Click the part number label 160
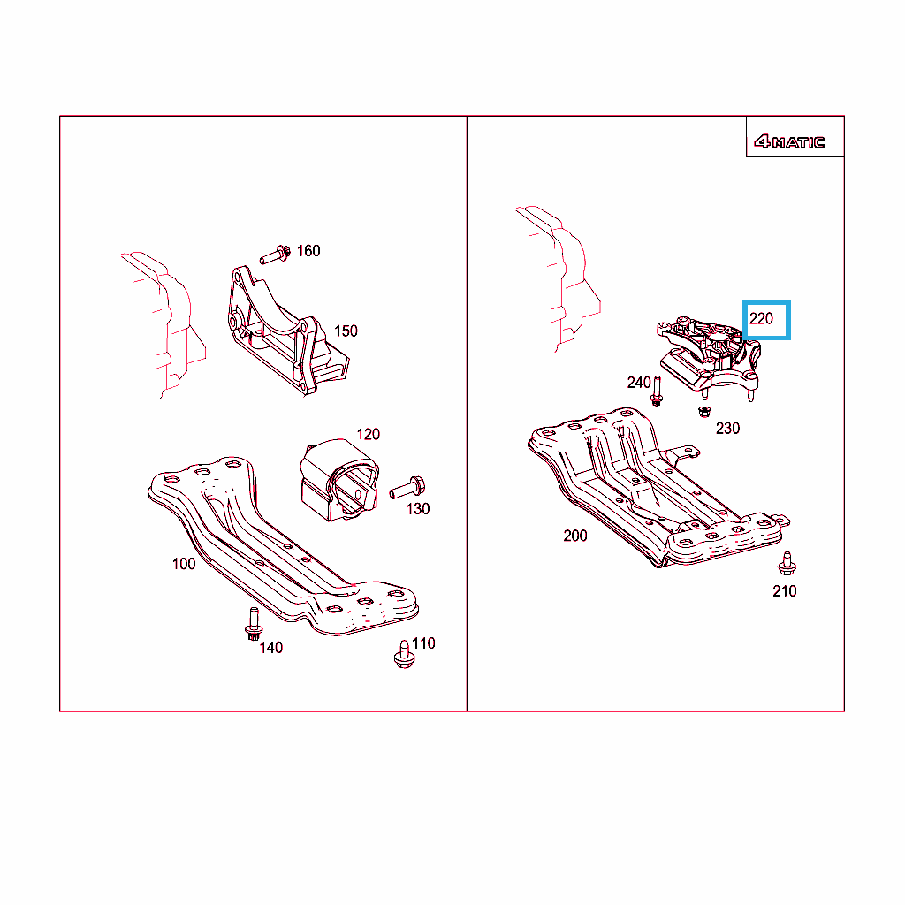coord(308,251)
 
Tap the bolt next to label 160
coord(276,255)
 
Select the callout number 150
coord(346,331)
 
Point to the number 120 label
coord(369,434)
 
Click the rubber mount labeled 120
coord(338,480)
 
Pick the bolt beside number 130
coord(407,488)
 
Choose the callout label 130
coord(418,509)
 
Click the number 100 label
coord(184,564)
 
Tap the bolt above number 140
coord(254,623)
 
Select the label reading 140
coord(270,648)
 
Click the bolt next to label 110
coord(404,654)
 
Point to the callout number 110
coord(423,643)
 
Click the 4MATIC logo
coord(789,141)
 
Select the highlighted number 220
coord(761,318)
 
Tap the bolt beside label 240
coord(657,391)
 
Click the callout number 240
coord(639,383)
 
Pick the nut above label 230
coord(704,412)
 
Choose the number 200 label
coord(574,536)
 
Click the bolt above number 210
coord(787,563)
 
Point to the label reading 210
coord(785,591)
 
